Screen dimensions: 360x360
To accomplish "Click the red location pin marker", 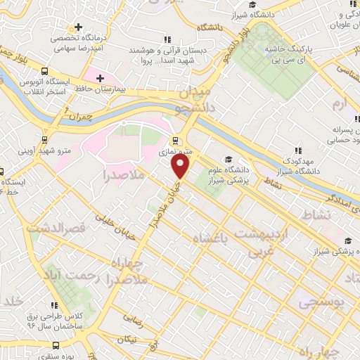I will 181,165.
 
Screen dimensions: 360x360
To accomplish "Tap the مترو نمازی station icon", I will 175,139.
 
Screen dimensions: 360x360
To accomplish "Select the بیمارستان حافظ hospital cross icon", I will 100,77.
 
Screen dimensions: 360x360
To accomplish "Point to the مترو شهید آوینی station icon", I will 46,139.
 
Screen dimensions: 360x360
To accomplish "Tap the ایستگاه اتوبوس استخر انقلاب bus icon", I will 46,72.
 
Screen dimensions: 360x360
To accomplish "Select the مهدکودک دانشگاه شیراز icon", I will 300,150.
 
